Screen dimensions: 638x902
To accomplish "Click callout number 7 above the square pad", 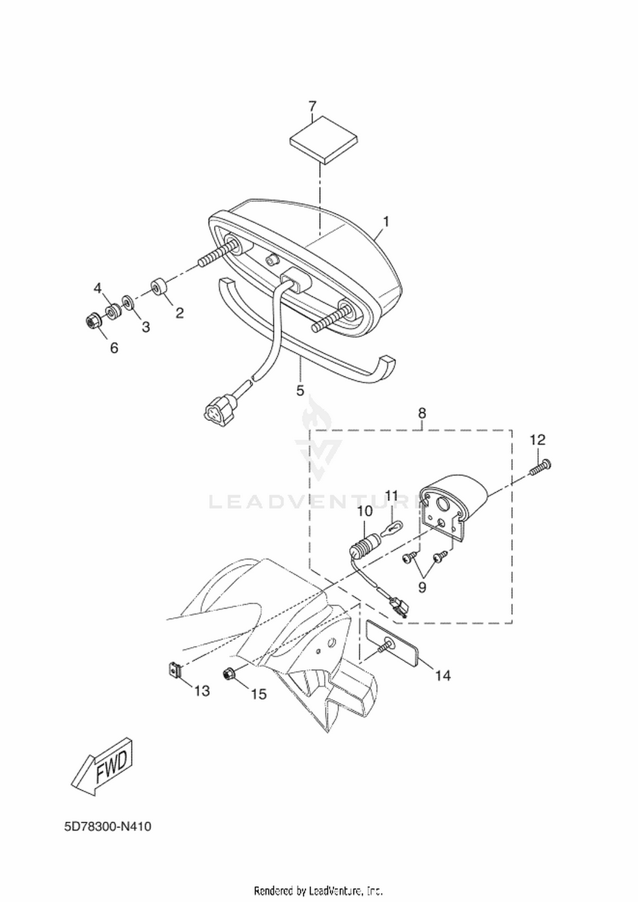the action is click(x=313, y=106).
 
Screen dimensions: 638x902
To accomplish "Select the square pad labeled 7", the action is click(x=324, y=140).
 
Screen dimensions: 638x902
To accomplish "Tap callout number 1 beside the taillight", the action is click(x=386, y=221).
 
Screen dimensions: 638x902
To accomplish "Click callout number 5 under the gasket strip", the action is click(x=300, y=390).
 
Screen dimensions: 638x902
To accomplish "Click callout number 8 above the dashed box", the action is click(x=422, y=413).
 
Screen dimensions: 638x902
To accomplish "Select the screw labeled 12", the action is click(x=541, y=467).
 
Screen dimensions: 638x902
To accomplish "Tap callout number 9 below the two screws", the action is click(x=422, y=587).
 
